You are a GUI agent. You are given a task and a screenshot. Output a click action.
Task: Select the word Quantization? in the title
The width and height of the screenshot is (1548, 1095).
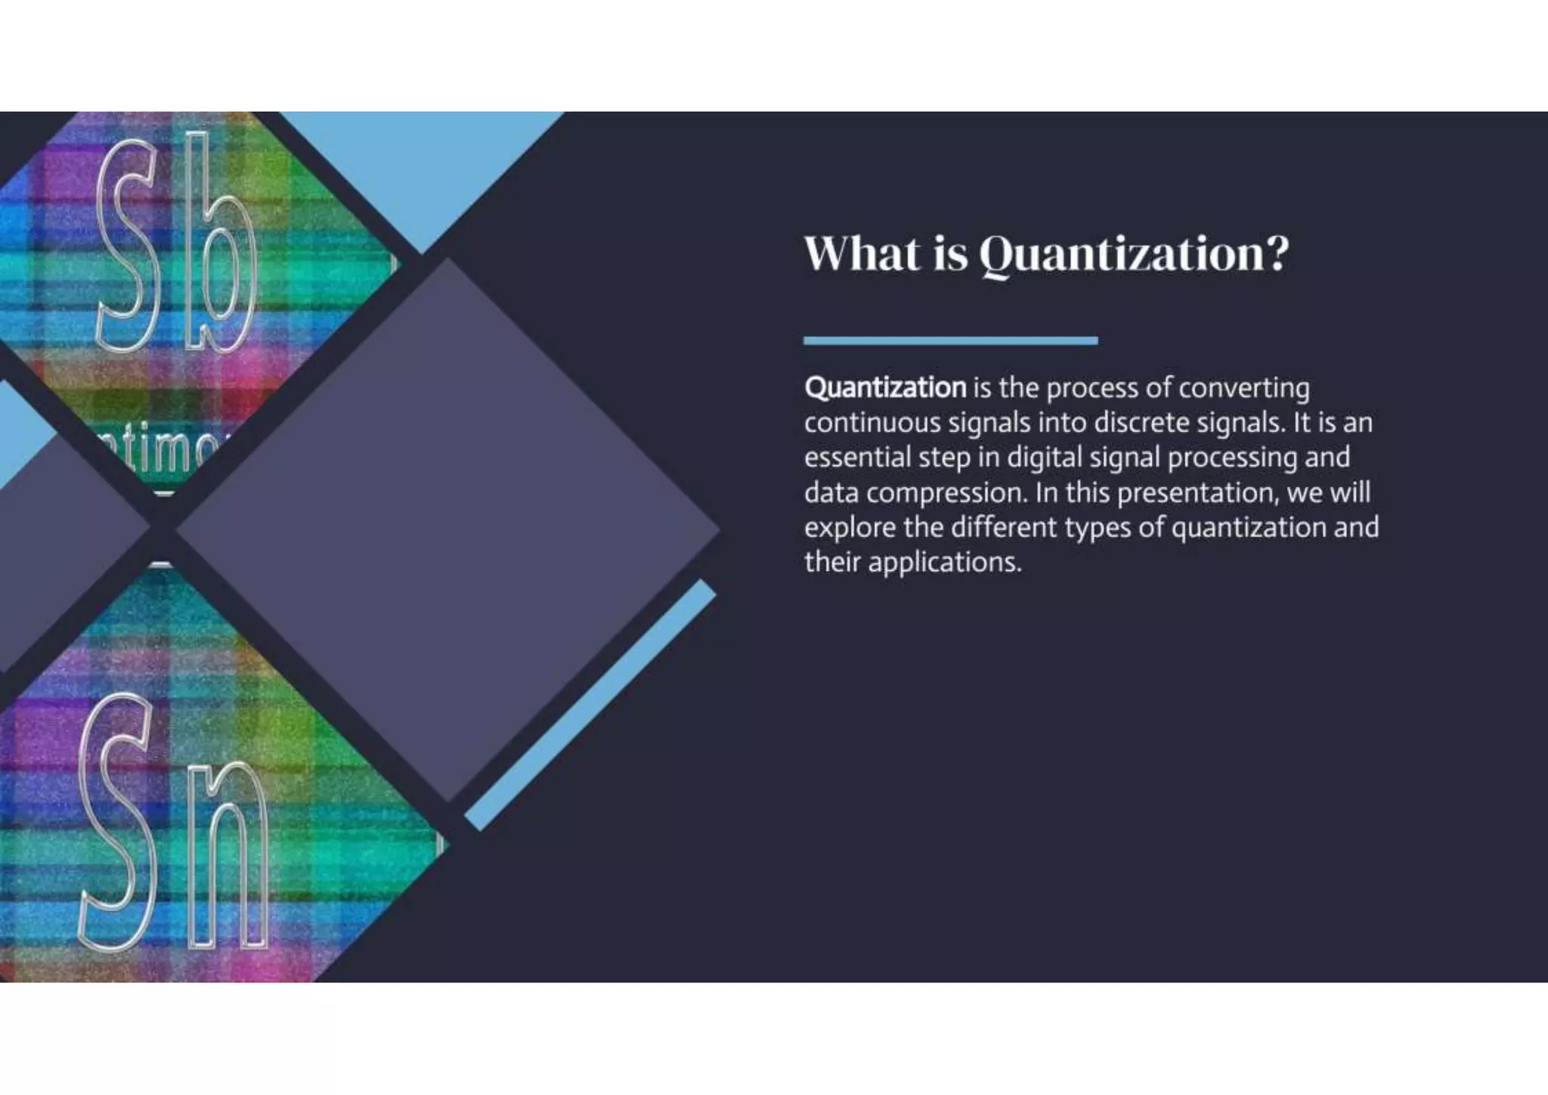tap(1134, 255)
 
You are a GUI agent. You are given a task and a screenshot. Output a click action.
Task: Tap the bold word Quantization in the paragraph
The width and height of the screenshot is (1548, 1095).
tap(885, 388)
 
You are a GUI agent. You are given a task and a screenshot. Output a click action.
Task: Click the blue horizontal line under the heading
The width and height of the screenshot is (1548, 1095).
tap(950, 341)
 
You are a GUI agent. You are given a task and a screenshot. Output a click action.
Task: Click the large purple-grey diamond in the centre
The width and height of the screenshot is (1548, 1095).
tap(447, 529)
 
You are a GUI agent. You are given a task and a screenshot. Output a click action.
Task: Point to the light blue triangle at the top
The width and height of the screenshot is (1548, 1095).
tap(423, 166)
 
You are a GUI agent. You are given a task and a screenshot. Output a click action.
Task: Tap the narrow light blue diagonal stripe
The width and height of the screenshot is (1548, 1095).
tap(590, 706)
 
